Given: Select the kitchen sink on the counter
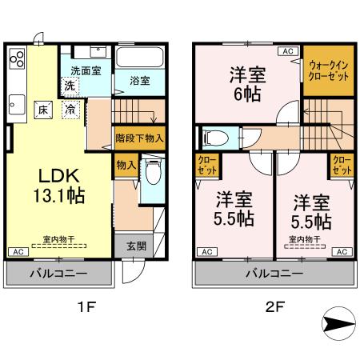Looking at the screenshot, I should coord(17,102).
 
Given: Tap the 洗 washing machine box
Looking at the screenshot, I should coord(70,85).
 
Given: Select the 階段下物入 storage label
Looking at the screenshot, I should coord(140,138).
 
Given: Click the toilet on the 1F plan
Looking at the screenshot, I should coord(153,173).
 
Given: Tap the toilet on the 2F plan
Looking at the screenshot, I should coord(211,138).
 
